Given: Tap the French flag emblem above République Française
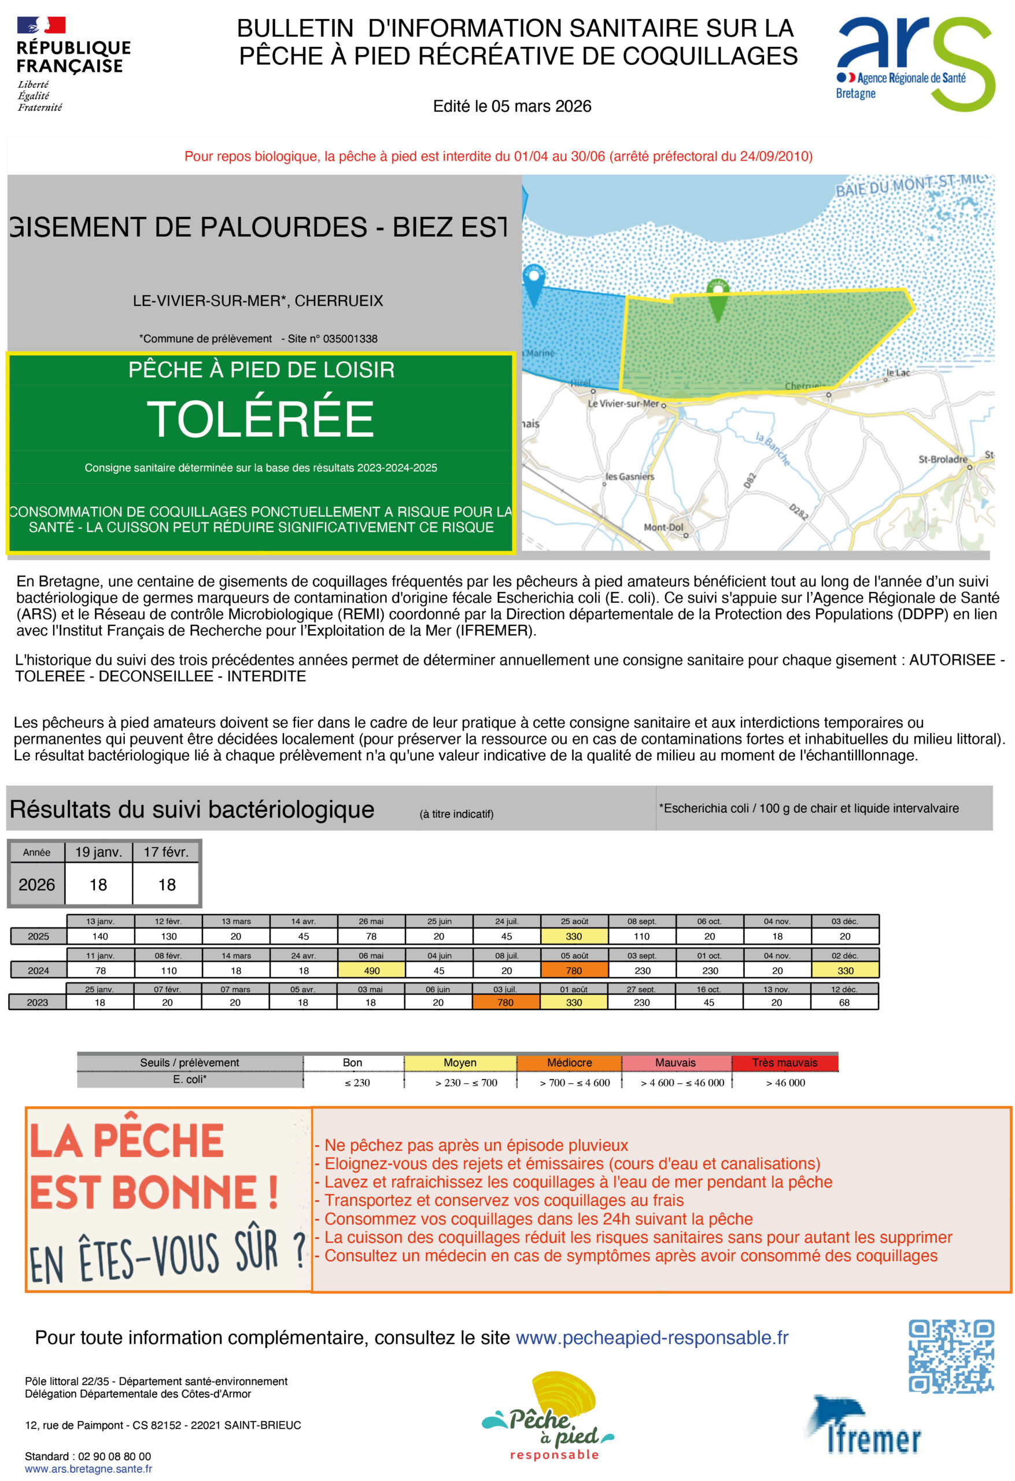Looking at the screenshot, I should [x=42, y=25].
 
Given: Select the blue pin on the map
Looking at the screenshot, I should [x=533, y=283].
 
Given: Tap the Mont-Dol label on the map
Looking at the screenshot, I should [x=663, y=527].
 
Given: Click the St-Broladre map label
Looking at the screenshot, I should [x=942, y=459].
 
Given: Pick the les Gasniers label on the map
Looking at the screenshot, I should [x=629, y=476].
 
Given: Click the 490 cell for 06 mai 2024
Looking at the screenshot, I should [x=371, y=970].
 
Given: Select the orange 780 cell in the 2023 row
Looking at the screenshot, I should [x=505, y=1002].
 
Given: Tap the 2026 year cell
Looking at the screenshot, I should [x=37, y=884].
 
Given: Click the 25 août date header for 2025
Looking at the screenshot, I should [x=574, y=921].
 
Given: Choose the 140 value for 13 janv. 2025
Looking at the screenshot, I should [x=100, y=936].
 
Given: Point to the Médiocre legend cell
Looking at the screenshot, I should [x=569, y=1062].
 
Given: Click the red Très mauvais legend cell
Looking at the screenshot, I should [x=784, y=1062].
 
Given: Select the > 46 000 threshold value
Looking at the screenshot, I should [x=785, y=1082].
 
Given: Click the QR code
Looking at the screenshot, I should [x=951, y=1355].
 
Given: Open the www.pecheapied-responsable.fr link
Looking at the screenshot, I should [x=651, y=1338].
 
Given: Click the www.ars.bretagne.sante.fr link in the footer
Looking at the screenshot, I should [x=88, y=1469].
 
